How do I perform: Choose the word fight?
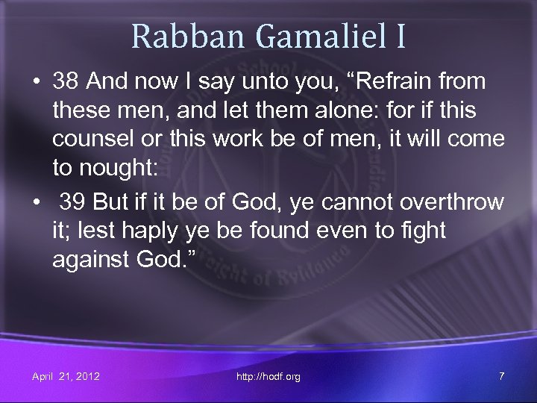pyautogui.click(x=423, y=232)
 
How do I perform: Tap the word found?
pyautogui.click(x=284, y=232)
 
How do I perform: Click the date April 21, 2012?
pyautogui.click(x=66, y=376)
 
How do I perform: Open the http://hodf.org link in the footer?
pyautogui.click(x=268, y=376)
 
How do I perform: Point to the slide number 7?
pyautogui.click(x=501, y=376)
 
